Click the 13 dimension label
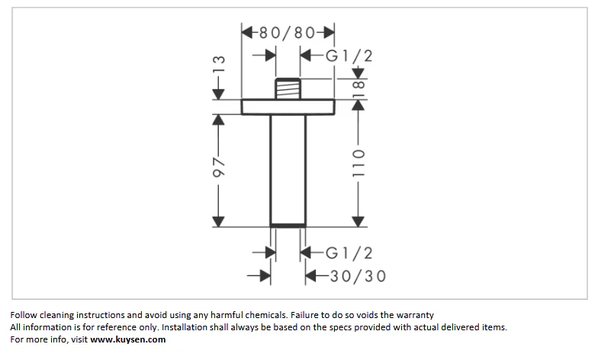[x=219, y=64]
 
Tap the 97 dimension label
[x=219, y=166]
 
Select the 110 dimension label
[x=358, y=163]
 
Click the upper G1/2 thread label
[x=349, y=56]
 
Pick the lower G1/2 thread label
[x=349, y=253]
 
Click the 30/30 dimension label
[x=358, y=276]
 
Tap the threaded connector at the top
[x=288, y=88]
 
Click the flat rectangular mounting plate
[x=288, y=107]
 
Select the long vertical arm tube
[x=288, y=169]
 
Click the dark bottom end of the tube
[x=288, y=226]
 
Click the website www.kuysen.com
[x=128, y=339]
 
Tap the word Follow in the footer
[x=24, y=315]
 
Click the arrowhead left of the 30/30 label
[x=311, y=276]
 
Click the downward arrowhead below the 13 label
[x=218, y=94]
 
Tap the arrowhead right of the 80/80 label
[x=329, y=32]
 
